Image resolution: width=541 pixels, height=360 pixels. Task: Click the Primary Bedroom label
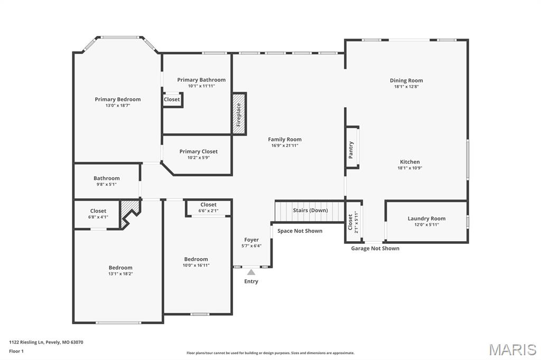[118, 99]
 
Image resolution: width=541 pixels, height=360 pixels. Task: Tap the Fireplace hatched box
[239, 113]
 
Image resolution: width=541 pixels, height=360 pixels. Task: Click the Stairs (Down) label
[310, 210]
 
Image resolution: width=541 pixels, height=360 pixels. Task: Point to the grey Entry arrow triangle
[251, 272]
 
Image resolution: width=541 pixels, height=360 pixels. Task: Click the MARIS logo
[512, 349]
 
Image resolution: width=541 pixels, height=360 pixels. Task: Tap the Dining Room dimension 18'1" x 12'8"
[406, 87]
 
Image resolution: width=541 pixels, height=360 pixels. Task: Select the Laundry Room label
[426, 219]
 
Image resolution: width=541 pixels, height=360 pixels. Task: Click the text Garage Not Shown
[375, 248]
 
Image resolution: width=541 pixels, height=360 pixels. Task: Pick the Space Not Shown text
[300, 231]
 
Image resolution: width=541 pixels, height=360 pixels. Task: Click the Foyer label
[251, 240]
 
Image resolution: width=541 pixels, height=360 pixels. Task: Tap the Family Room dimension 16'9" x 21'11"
[285, 146]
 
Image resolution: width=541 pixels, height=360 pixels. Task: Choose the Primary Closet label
[198, 151]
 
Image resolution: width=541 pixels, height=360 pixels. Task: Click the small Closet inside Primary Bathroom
[172, 99]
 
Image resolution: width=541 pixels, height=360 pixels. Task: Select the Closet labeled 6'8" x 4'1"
[98, 214]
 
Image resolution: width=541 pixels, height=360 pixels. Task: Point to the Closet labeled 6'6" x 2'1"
[208, 207]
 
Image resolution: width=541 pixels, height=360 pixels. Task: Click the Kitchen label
[409, 162]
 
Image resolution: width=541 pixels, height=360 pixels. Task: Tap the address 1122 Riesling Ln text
[46, 342]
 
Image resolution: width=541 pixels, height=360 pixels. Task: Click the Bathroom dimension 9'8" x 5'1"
[107, 184]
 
